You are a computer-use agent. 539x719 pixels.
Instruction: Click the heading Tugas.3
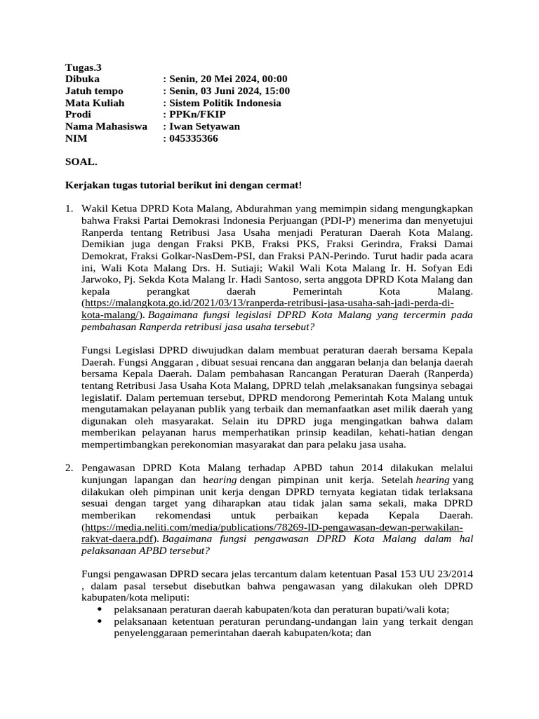pyautogui.click(x=84, y=67)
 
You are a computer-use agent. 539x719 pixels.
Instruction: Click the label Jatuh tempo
pyautogui.click(x=94, y=91)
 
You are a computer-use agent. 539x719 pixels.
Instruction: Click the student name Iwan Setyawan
pyautogui.click(x=204, y=127)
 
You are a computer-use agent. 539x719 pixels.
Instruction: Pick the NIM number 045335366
pyautogui.click(x=193, y=139)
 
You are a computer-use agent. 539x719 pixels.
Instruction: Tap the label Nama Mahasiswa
pyautogui.click(x=106, y=127)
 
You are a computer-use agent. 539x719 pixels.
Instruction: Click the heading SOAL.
pyautogui.click(x=81, y=162)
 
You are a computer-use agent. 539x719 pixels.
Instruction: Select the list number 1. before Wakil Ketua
pyautogui.click(x=69, y=209)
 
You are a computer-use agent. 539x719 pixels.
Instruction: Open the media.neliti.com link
pyautogui.click(x=274, y=527)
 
